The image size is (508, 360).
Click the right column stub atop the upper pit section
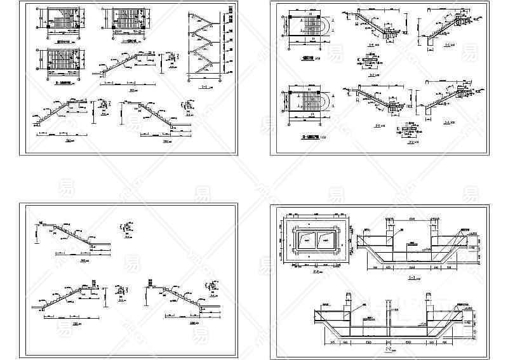pyautogui.click(x=436, y=224)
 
